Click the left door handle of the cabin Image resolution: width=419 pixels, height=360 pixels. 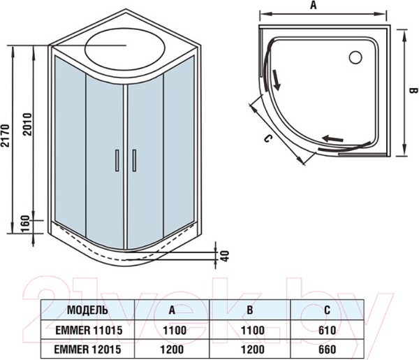coord(116,160)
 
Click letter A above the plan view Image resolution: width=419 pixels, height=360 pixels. coord(314,6)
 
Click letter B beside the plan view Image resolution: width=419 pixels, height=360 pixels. coord(413,90)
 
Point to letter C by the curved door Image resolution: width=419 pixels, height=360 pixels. coord(266,138)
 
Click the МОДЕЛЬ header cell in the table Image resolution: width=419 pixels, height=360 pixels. coord(87,310)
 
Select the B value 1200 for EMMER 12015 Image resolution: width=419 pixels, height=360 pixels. coord(250,348)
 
